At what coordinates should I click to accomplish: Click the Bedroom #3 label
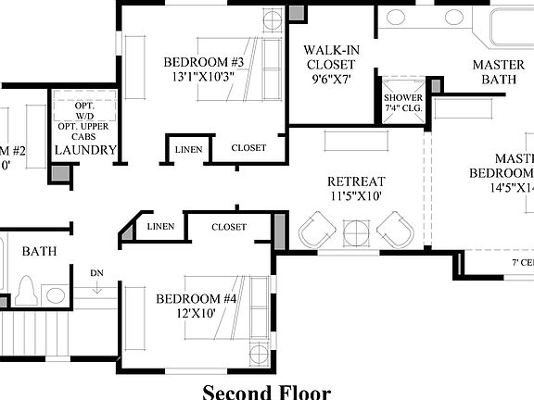pos(203,62)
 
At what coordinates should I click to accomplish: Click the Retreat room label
pos(355,181)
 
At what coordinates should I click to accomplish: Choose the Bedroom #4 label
pos(197,299)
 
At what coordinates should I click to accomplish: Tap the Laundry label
pos(85,150)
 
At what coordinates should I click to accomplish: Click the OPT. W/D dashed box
pos(84,116)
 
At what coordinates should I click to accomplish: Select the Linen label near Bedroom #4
pos(160,227)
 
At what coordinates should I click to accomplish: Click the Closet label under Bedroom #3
pos(248,148)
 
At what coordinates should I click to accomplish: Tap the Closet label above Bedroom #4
pos(229,227)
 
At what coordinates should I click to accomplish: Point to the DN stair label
pos(96,273)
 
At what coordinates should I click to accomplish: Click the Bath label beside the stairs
pos(39,251)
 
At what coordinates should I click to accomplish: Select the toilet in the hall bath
pos(27,291)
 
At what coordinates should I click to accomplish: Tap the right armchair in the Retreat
pos(396,228)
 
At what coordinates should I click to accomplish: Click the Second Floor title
pos(266,391)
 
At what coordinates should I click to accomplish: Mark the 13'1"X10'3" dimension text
pos(203,78)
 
